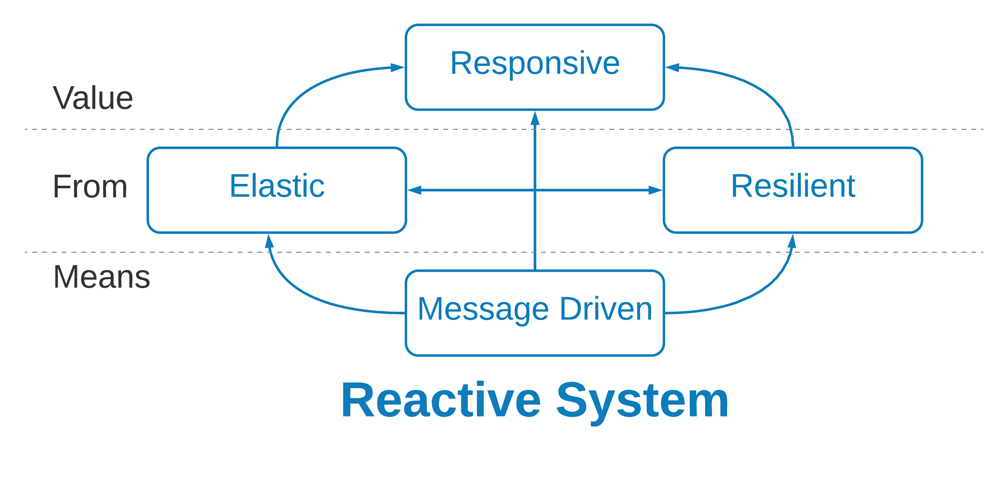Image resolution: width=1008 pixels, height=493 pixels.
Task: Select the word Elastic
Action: (277, 186)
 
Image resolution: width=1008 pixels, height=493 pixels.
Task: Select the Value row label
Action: (93, 98)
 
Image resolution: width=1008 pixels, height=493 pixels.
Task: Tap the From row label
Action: (90, 187)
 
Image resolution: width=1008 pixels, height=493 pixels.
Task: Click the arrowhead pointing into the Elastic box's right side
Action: (414, 190)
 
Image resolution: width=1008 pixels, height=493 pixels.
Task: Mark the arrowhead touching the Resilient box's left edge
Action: (656, 190)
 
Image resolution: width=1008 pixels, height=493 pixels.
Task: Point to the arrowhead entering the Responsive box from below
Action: (535, 118)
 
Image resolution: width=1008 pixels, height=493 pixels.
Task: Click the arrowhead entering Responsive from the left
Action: (398, 68)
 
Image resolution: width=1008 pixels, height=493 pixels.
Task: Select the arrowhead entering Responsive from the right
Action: (672, 68)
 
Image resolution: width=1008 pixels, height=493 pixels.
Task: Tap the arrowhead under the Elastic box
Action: (269, 241)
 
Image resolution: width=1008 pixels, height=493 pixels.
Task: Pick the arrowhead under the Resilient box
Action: (792, 241)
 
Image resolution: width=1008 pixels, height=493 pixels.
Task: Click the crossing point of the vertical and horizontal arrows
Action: (535, 190)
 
